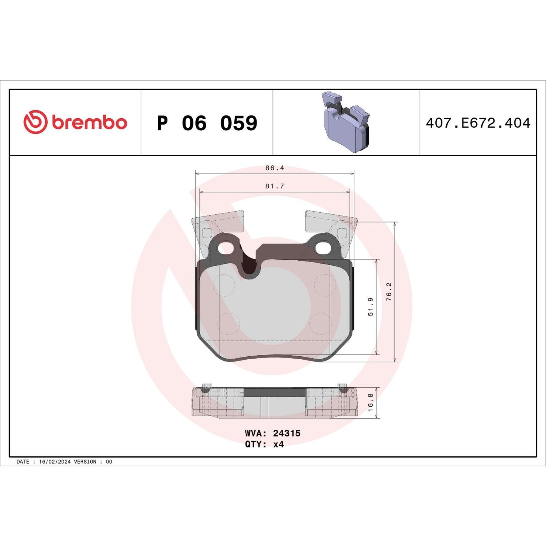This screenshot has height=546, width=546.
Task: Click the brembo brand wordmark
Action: click(x=89, y=123)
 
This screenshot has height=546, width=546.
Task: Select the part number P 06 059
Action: click(x=207, y=123)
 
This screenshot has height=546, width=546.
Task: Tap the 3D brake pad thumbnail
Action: click(x=346, y=122)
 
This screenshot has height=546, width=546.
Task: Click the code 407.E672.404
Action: click(x=478, y=123)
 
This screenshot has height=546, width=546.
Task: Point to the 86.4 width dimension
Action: click(x=275, y=168)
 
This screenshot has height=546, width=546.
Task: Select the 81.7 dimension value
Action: click(x=275, y=186)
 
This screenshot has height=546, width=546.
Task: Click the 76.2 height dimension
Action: click(x=389, y=292)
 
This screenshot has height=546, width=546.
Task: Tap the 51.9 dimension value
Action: click(x=370, y=306)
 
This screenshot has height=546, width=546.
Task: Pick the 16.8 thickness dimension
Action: click(x=370, y=402)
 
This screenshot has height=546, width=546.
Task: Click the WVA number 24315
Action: click(x=286, y=433)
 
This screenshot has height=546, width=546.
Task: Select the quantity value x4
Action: click(x=278, y=444)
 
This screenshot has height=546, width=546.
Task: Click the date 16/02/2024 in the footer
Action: click(x=55, y=462)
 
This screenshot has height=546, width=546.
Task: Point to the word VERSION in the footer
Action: click(x=85, y=462)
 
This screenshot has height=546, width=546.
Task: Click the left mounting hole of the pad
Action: click(x=226, y=247)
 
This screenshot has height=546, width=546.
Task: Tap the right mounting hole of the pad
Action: click(x=323, y=247)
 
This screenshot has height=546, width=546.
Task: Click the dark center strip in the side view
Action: click(x=275, y=393)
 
